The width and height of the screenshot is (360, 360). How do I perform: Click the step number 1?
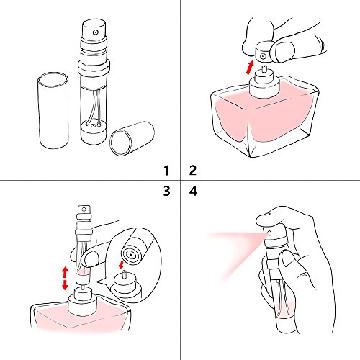166,171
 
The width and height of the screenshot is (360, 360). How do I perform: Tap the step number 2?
193,171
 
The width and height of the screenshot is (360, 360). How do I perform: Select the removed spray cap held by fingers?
266,52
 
